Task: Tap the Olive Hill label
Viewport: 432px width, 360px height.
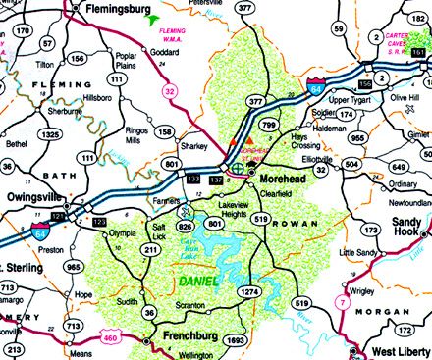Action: click(x=405, y=99)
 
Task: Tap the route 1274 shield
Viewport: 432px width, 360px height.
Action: click(x=250, y=292)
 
